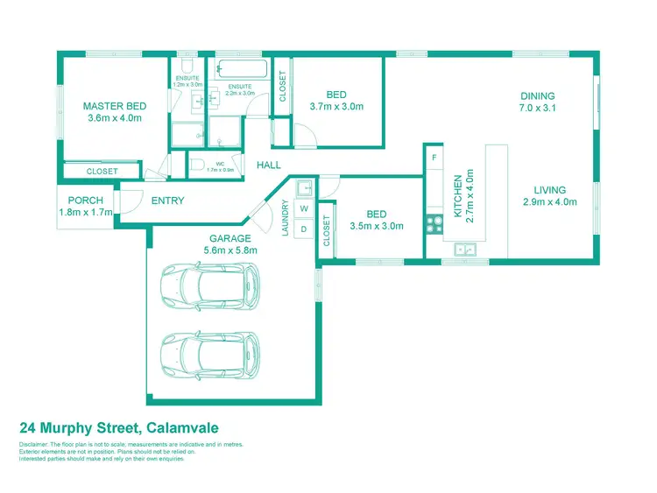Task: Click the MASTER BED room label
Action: [x=115, y=107]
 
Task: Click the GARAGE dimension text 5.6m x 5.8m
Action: [x=230, y=250]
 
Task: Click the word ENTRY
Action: [x=167, y=201]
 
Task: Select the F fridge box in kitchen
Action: [x=434, y=157]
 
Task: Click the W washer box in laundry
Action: [x=304, y=209]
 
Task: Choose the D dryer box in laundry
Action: [x=304, y=229]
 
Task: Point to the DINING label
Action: [x=538, y=96]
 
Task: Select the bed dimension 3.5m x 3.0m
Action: [x=376, y=226]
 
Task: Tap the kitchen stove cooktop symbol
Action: [x=433, y=223]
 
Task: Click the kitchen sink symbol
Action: [x=464, y=250]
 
